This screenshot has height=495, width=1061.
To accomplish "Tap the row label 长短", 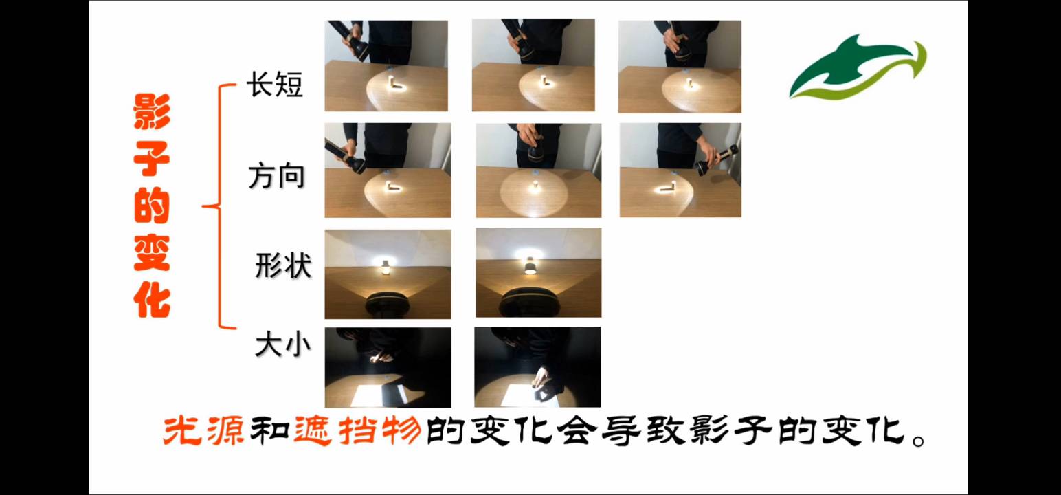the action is tap(275, 85).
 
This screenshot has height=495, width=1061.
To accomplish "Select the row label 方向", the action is tap(277, 176).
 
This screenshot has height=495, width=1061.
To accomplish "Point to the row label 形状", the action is tap(283, 265).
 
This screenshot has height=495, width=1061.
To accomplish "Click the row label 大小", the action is tap(283, 344).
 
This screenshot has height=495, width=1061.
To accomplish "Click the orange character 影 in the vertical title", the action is tap(152, 111).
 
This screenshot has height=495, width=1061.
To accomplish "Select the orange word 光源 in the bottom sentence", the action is tap(203, 430).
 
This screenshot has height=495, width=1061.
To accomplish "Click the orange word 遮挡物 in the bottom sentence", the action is tap(357, 430).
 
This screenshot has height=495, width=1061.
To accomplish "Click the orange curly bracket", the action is tap(219, 206).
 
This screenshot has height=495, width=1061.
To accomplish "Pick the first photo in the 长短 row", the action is tap(386, 66).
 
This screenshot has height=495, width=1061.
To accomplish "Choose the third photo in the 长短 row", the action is tap(680, 66).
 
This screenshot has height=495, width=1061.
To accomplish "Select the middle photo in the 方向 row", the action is tap(539, 170).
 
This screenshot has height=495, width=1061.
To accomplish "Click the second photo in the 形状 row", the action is tap(539, 273).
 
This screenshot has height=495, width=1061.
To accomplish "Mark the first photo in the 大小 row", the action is tap(388, 367).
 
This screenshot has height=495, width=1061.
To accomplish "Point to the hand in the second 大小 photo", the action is tap(540, 377).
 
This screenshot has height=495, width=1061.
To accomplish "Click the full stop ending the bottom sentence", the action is tap(919, 441).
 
